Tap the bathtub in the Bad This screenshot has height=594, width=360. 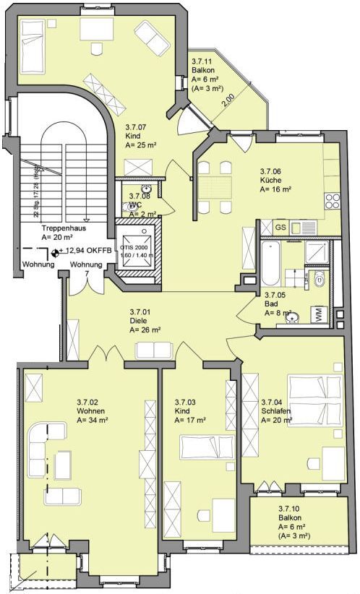click(x=270, y=264)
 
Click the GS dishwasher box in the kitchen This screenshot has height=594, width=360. click(x=281, y=227)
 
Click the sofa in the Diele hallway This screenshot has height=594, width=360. click(x=155, y=350)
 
